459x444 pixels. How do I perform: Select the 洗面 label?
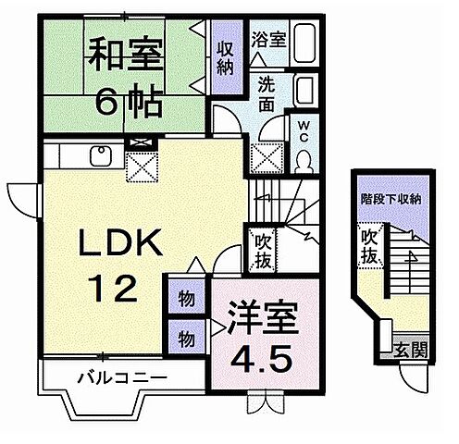click(x=267, y=92)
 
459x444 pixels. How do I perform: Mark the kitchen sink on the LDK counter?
click(x=95, y=156)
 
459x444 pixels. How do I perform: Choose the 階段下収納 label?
click(x=391, y=198)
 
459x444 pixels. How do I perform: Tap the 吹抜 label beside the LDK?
click(x=263, y=250)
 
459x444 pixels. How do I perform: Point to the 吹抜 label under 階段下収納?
click(x=371, y=246)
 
